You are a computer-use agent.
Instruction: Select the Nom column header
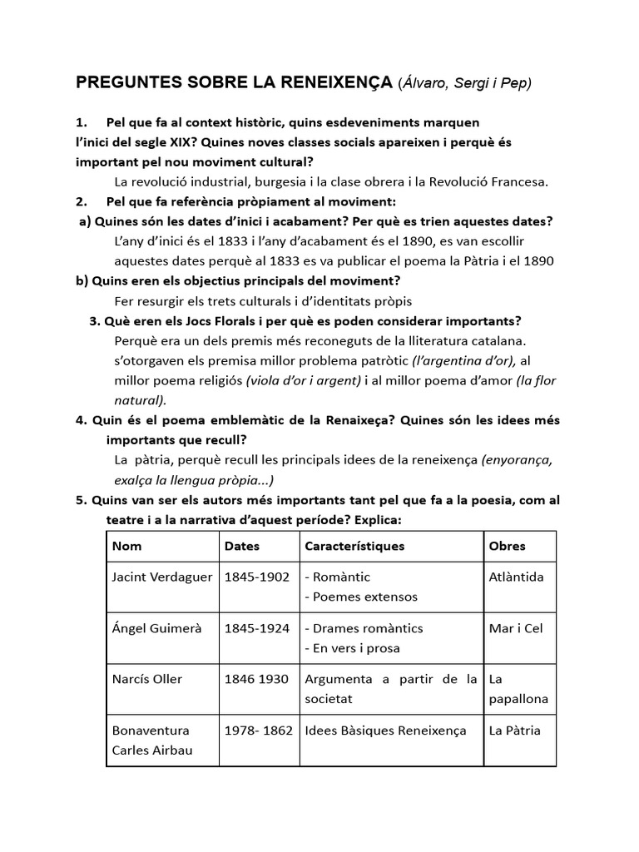pyautogui.click(x=126, y=547)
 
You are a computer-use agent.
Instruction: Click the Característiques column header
pyautogui.click(x=354, y=547)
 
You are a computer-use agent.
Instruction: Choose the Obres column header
pyautogui.click(x=507, y=547)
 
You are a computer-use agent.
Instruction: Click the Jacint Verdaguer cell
pyautogui.click(x=161, y=577)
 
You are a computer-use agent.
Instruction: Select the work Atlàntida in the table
pyautogui.click(x=516, y=577)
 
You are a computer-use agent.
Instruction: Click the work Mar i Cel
pyautogui.click(x=515, y=628)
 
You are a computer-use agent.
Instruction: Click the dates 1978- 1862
pyautogui.click(x=258, y=731)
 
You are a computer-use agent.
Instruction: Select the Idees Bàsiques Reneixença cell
pyautogui.click(x=385, y=731)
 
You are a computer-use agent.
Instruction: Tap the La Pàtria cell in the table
pyautogui.click(x=514, y=731)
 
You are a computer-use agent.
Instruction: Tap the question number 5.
pyautogui.click(x=81, y=500)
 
